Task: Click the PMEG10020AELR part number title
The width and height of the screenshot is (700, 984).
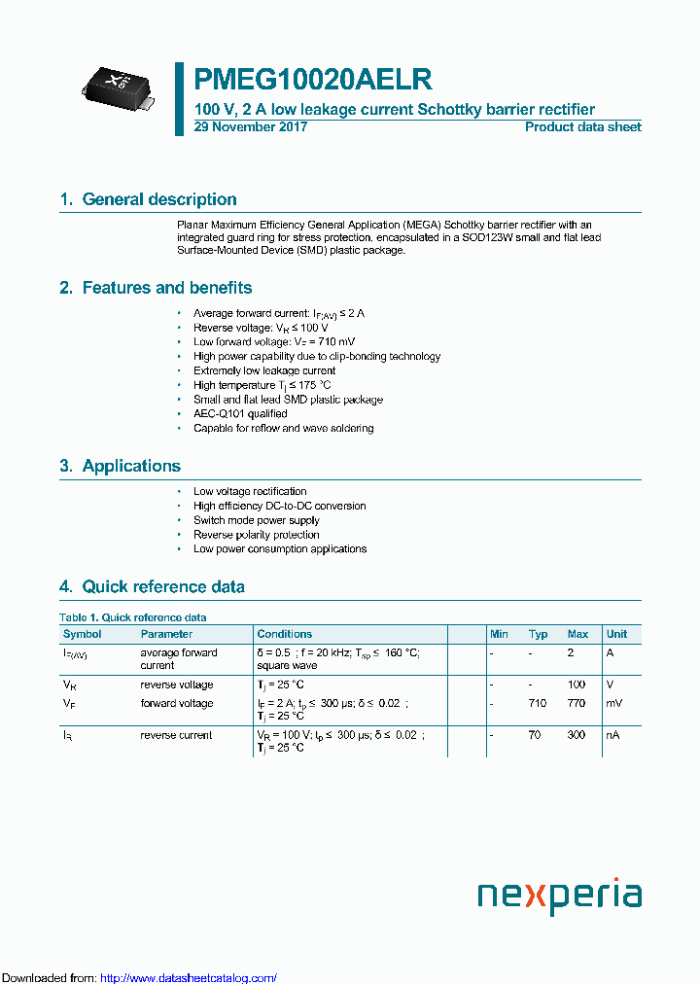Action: pos(313,79)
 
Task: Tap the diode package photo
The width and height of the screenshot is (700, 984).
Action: pos(116,85)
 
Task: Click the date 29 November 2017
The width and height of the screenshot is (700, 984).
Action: pos(251,127)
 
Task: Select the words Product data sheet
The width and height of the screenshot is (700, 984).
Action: pos(582,127)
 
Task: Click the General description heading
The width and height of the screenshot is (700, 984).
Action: pos(159,199)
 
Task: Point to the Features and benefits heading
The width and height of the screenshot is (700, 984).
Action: pos(166,288)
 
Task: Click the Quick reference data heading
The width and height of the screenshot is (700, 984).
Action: pos(163,586)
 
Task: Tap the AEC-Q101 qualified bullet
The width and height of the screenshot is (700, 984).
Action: pos(240,413)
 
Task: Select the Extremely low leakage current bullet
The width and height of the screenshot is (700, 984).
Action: pos(264,370)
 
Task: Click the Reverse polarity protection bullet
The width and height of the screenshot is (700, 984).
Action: pos(256,535)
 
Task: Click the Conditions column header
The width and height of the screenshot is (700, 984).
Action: pos(285,634)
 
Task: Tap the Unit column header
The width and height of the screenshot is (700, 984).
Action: pos(616,634)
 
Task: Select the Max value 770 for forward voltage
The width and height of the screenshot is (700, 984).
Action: pos(577,703)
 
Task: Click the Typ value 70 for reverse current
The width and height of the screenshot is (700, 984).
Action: pos(535,735)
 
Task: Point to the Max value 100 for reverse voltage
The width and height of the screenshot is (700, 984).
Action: pos(577,685)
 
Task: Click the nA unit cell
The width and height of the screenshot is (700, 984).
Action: pos(612,735)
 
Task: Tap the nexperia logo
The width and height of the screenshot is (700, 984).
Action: pos(559,895)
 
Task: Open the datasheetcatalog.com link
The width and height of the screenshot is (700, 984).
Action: pos(189,978)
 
